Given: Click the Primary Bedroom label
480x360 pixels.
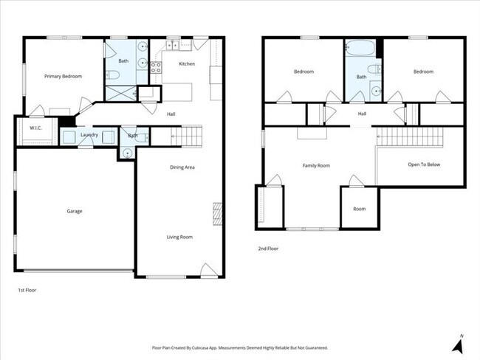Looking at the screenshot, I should point(63,76).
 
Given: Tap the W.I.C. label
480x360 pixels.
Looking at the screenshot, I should point(35,128).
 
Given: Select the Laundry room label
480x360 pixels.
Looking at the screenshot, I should point(89,135).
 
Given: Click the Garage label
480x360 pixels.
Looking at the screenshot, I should point(74,211).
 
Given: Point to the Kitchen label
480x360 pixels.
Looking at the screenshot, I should point(187,64).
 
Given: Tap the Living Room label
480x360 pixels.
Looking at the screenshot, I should point(179,237).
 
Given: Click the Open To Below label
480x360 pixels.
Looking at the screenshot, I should point(424,165).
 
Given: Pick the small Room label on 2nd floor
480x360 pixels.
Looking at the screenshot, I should point(359,209).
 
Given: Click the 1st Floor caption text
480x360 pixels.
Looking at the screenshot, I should point(27,290).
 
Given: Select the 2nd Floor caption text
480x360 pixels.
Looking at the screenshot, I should point(269,249).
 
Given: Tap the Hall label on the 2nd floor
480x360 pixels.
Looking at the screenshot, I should point(362,114).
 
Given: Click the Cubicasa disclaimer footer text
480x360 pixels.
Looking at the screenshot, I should point(240,347).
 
